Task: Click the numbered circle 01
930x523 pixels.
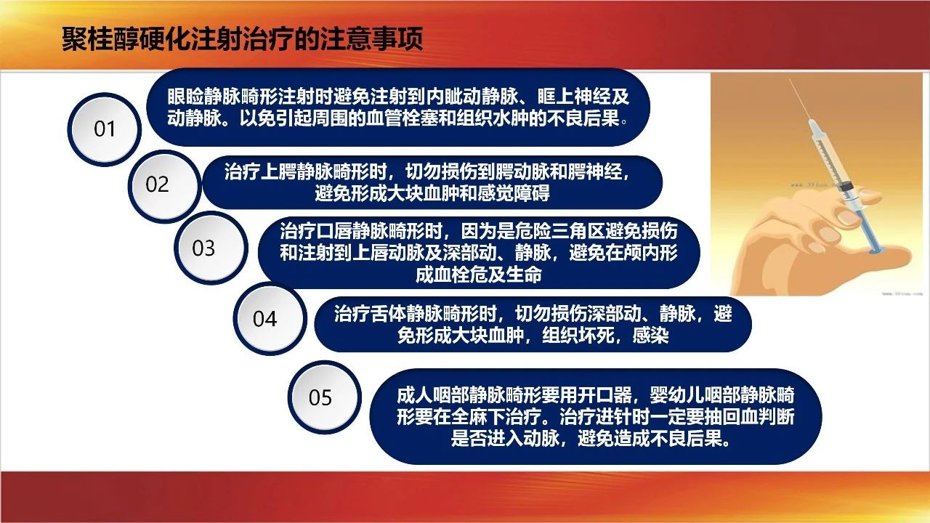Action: (x=104, y=129)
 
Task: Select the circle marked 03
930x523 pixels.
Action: (x=211, y=248)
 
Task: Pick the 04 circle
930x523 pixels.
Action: (x=270, y=318)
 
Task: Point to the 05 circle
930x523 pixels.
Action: (x=325, y=397)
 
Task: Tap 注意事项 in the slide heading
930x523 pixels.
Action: (x=371, y=39)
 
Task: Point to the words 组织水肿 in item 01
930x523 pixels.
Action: (x=493, y=118)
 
